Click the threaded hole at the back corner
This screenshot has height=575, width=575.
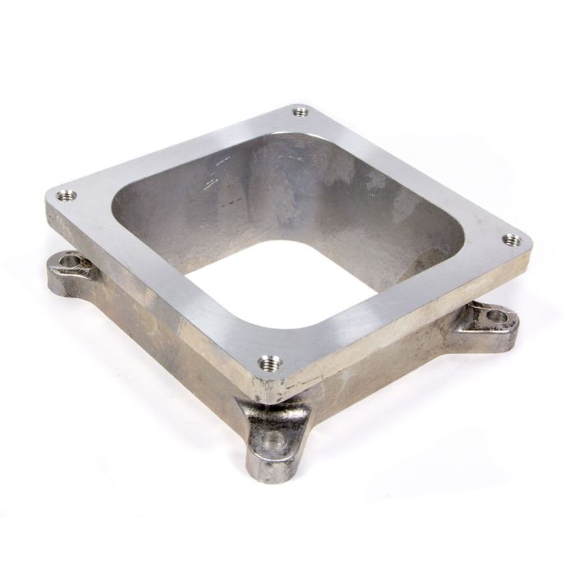coord(301,110)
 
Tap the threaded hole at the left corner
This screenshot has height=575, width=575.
coord(66,195)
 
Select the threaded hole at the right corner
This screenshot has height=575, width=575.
coord(511,240)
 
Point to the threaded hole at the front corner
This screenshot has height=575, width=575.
coord(269,361)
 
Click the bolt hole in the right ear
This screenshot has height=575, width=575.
coord(496,315)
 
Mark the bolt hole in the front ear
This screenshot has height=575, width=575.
coord(277,440)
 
